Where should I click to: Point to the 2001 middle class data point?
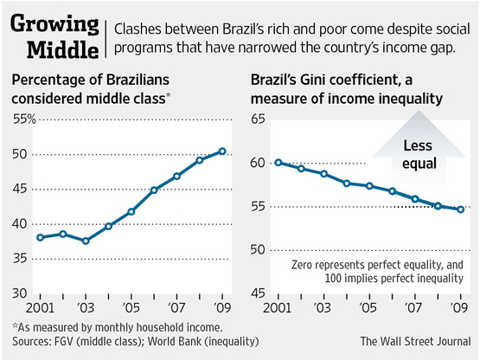[40, 237]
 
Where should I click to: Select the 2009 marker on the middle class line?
[222, 151]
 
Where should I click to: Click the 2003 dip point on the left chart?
[86, 241]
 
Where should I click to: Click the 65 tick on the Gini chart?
[259, 119]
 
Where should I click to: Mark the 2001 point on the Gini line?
[278, 162]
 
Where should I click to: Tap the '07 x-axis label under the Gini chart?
[414, 307]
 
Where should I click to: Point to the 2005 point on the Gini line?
[368, 186]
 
